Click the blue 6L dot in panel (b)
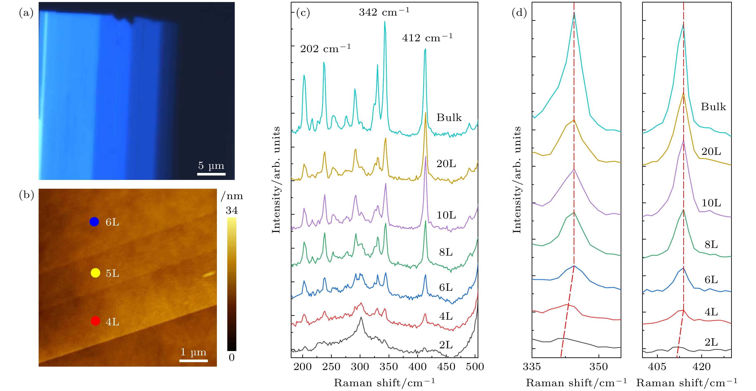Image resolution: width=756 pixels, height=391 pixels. point(94,222)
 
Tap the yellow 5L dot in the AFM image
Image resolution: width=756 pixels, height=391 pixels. point(95,273)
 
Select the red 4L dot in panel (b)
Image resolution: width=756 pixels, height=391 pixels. point(95,321)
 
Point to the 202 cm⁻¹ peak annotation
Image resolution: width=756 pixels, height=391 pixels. point(325,48)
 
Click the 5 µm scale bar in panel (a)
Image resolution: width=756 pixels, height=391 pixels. point(211,174)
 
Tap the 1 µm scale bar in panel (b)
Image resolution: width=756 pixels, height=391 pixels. point(193,361)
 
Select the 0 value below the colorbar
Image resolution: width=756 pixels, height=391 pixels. point(232,357)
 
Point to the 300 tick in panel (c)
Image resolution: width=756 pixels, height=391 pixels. point(360,367)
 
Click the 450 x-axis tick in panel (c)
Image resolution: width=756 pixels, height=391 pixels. point(446,367)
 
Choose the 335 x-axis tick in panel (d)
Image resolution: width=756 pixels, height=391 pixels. point(532,367)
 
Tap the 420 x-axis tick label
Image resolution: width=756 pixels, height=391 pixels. point(701,367)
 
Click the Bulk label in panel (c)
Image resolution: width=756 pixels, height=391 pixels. point(449,118)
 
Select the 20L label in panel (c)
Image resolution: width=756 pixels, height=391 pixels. point(446,164)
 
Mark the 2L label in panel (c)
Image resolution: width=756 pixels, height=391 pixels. point(446,345)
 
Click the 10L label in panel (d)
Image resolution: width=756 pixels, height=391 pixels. point(711,203)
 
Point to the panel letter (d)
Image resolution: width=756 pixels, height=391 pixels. point(519,13)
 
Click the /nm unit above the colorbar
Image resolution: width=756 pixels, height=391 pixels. point(232,196)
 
